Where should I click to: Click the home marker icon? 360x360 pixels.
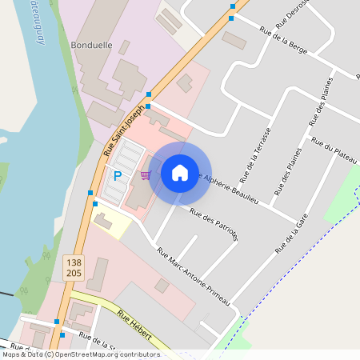tap(180, 173)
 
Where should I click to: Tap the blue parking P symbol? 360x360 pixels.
tap(117, 176)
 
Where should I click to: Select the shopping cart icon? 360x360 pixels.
tap(146, 174)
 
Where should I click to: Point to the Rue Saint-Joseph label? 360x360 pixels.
tap(123, 129)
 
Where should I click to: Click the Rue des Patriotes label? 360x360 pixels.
tap(214, 224)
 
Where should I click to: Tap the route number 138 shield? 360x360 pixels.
tap(73, 261)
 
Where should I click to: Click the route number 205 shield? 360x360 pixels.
tap(73, 273)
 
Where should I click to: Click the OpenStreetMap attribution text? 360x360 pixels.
tap(81, 354)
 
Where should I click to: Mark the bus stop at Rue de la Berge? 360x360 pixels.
tap(231, 17)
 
